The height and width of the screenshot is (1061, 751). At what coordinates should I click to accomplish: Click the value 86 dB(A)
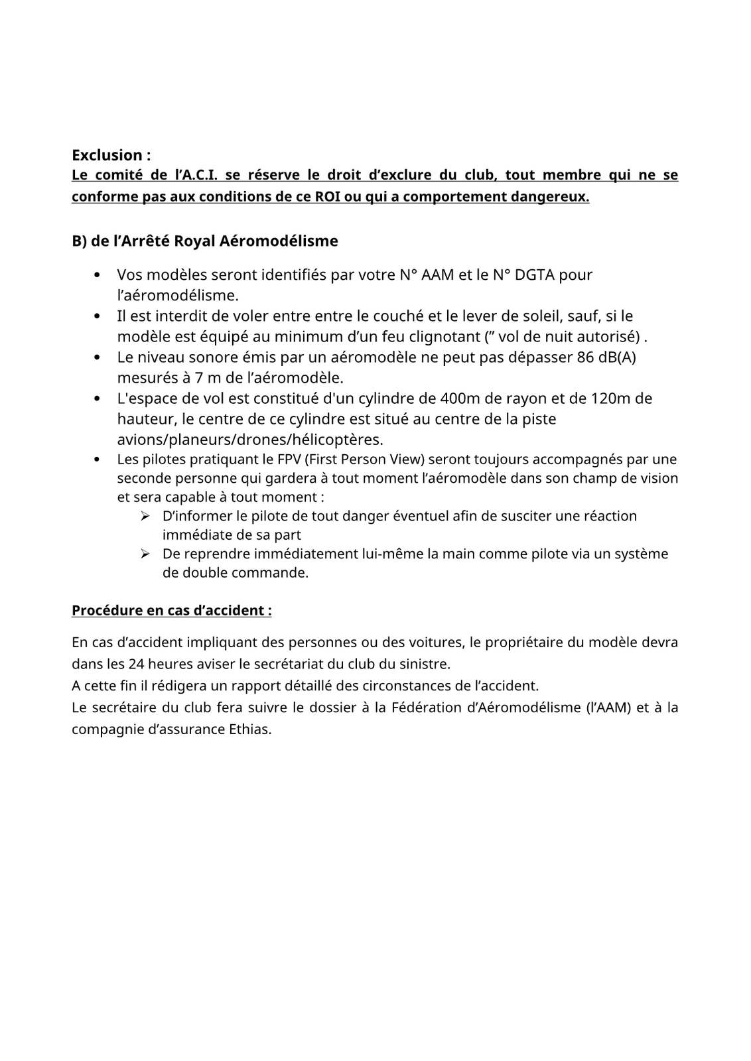(606, 357)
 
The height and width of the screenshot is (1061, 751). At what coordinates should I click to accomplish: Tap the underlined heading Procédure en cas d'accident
(171, 610)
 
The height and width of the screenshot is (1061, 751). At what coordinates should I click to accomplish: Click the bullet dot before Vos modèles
(98, 275)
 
